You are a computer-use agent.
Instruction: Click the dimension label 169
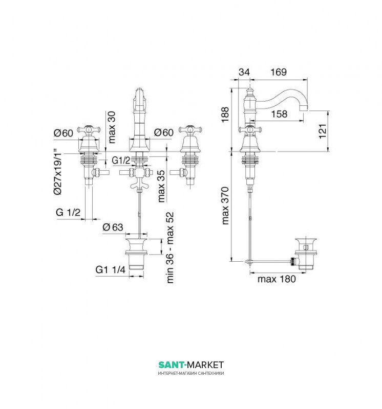tap(279, 72)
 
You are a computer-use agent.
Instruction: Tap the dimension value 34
tap(244, 72)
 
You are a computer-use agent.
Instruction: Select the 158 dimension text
tap(279, 113)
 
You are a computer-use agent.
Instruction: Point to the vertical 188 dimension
tap(225, 114)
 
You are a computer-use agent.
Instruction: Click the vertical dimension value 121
tap(323, 131)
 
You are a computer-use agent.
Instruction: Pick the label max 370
tap(225, 206)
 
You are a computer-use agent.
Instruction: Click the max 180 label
tap(277, 279)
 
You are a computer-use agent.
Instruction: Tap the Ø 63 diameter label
tap(113, 227)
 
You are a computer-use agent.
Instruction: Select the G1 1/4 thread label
tap(110, 269)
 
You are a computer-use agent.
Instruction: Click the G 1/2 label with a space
tap(68, 212)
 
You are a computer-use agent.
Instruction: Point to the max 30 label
tap(112, 127)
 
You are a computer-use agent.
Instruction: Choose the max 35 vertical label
tap(161, 186)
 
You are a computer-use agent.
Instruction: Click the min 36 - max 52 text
tap(170, 247)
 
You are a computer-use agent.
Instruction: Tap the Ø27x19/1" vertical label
tap(57, 172)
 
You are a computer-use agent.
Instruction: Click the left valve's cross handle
tap(89, 129)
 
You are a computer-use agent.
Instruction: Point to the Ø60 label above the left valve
tap(63, 133)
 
